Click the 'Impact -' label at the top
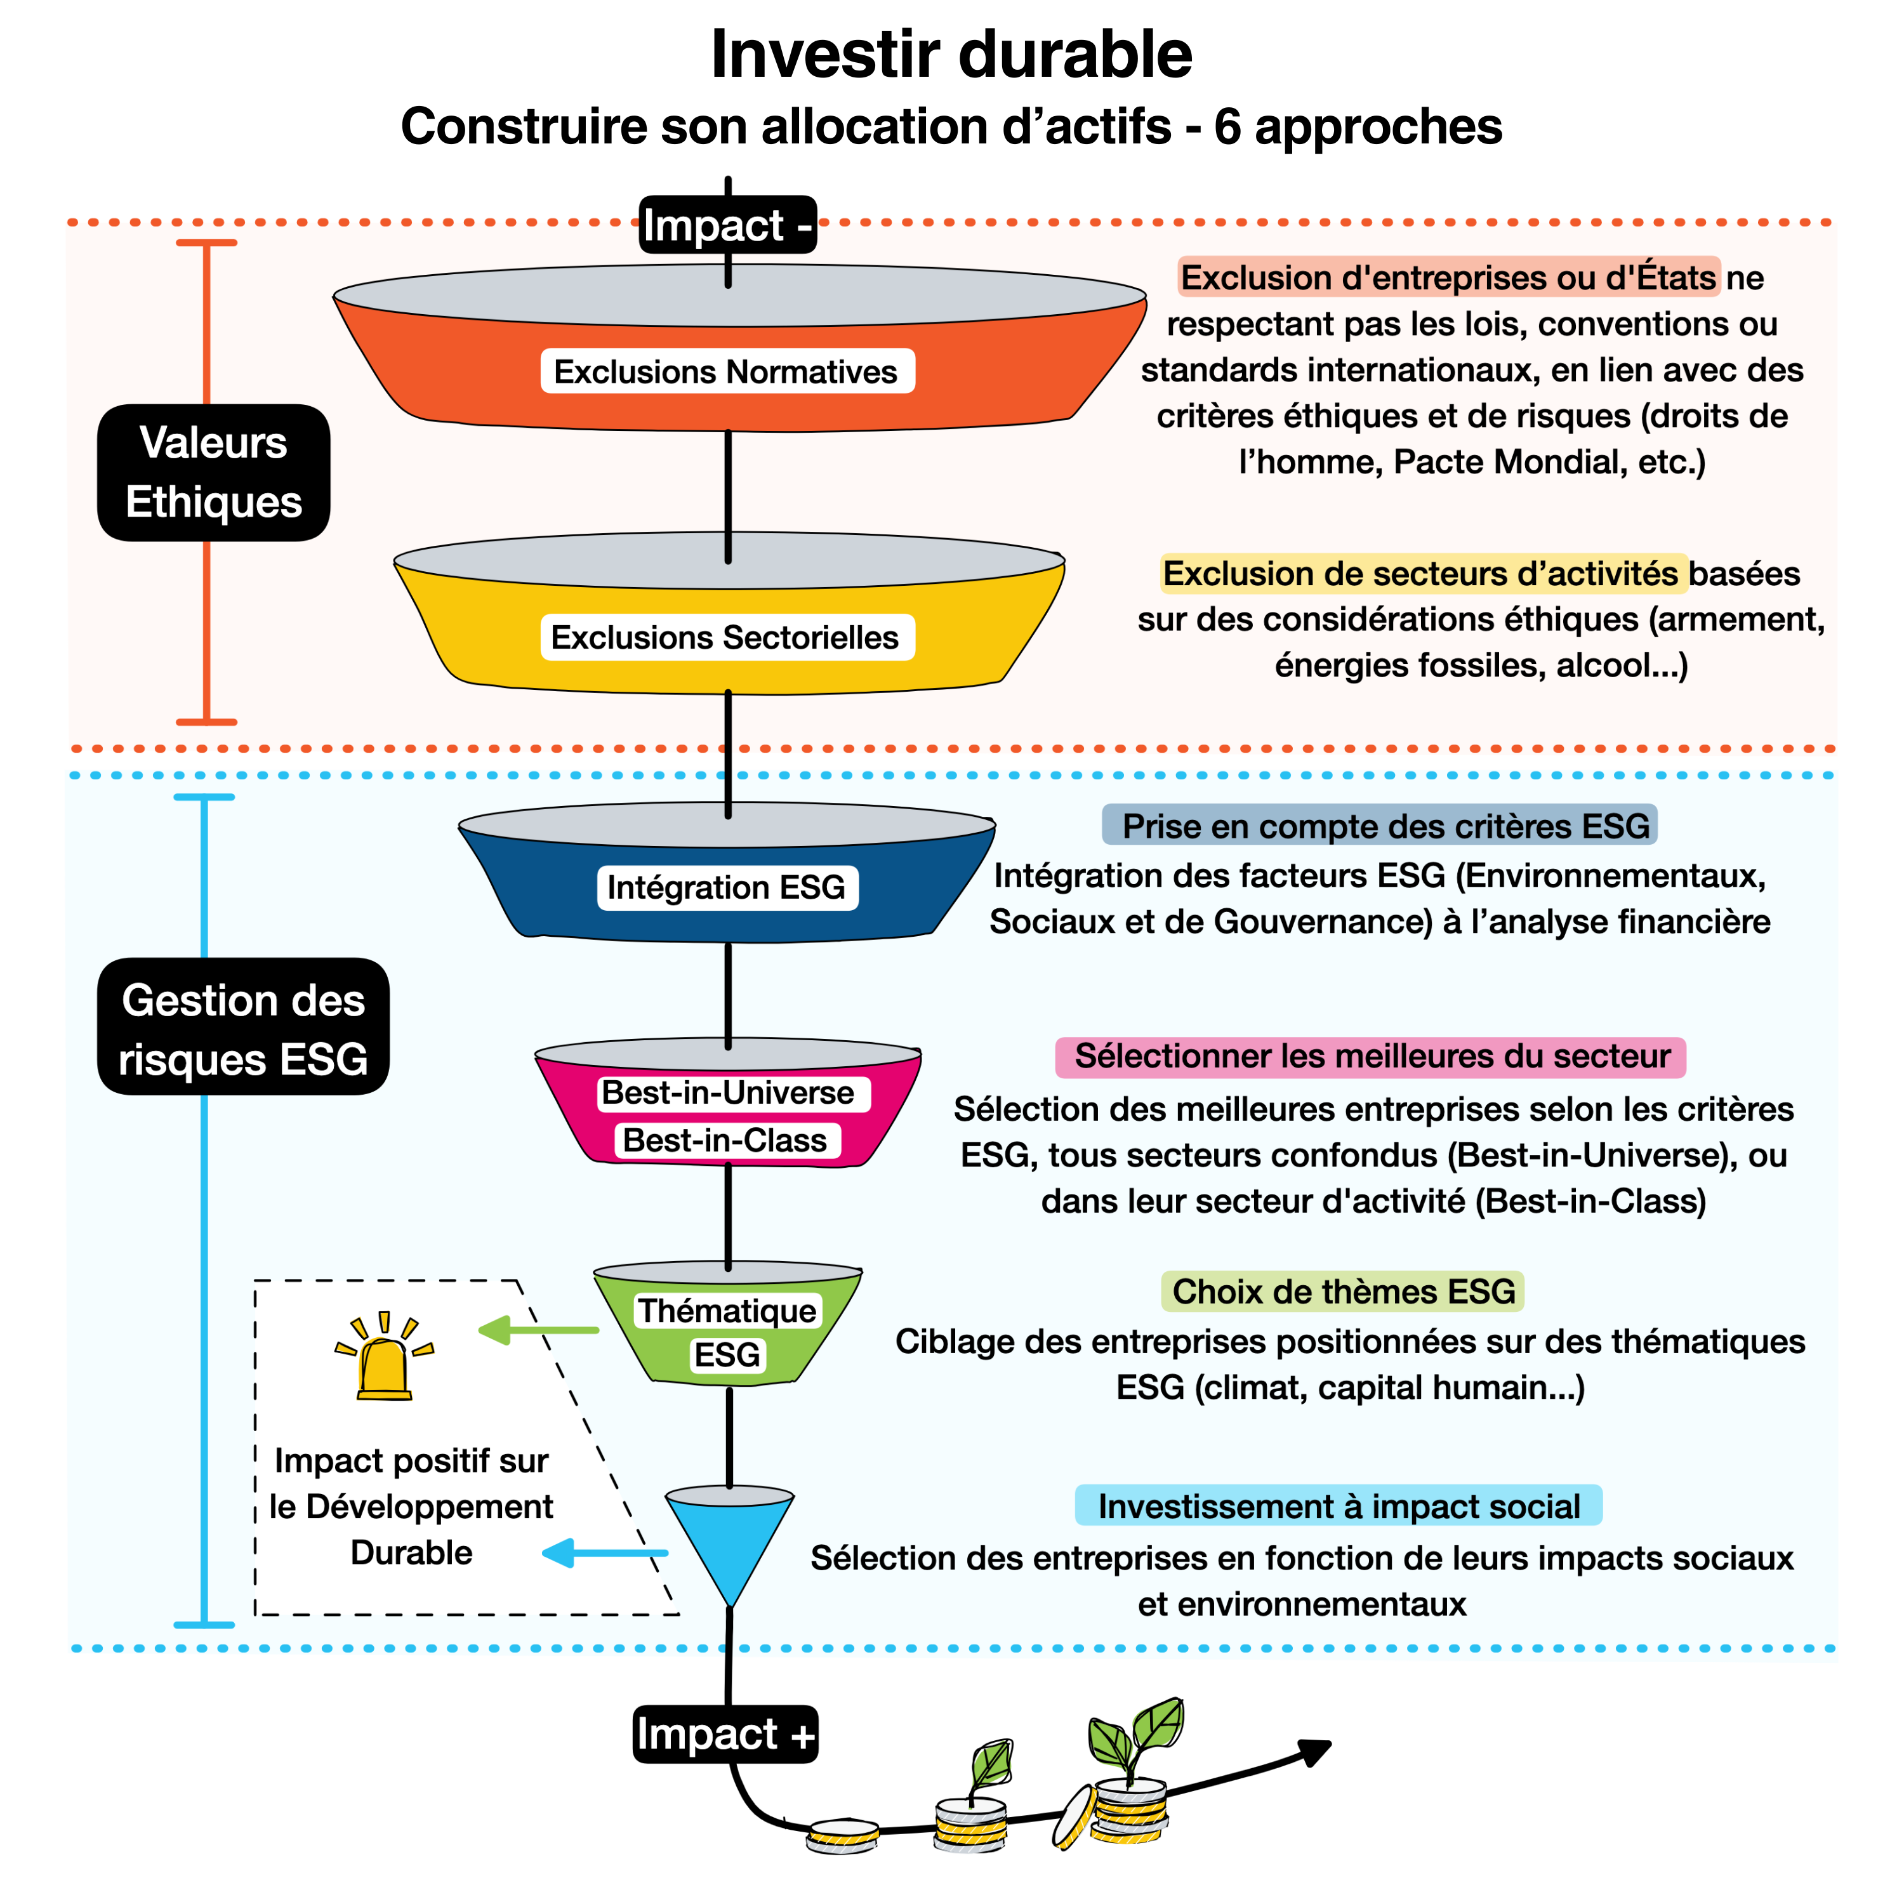click(x=727, y=227)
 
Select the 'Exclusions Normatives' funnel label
click(x=726, y=371)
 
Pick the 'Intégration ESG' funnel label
click(x=726, y=887)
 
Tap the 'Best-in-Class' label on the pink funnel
click(x=725, y=1140)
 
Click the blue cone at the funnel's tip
click(x=729, y=1539)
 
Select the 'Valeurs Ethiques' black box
click(x=214, y=472)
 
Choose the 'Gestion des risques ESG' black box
click(x=244, y=1027)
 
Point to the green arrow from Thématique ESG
click(x=538, y=1330)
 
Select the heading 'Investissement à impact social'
click(x=1339, y=1507)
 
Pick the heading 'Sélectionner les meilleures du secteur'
click(x=1371, y=1057)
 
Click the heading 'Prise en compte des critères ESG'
click(x=1380, y=826)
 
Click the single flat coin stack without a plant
click(x=843, y=1835)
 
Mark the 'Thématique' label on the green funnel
click(x=727, y=1311)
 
